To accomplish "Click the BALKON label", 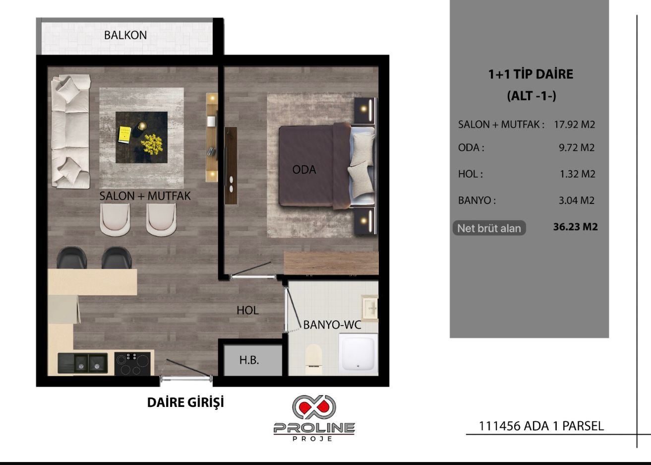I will pos(125,36).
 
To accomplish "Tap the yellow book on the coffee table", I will pos(124,134).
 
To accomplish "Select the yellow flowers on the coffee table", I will pos(152,143).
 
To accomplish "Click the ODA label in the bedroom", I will pos(304,170).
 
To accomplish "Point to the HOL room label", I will pos(247,311).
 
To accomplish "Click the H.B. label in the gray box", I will pos(249,360).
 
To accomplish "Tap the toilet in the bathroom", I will pos(314,359).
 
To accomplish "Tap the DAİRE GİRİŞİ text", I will pos(185,402).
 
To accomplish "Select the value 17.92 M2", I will pos(574,125).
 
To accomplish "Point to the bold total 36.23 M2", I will pos(575,227).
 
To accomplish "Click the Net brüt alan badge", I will pos(489,228).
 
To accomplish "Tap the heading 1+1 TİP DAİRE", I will pos(530,74).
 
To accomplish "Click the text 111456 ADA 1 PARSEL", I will pos(541,426).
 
